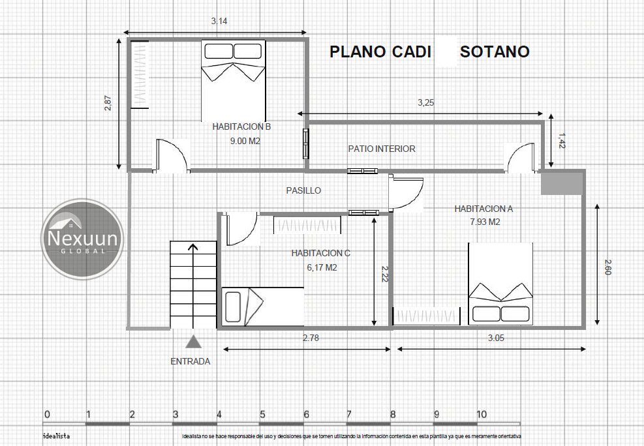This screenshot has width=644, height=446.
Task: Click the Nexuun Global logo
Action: pyautogui.click(x=83, y=239)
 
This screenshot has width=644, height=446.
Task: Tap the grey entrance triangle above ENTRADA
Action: pyautogui.click(x=193, y=342)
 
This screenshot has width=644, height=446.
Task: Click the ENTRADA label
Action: pyautogui.click(x=190, y=361)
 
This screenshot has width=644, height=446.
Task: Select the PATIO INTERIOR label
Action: pyautogui.click(x=382, y=149)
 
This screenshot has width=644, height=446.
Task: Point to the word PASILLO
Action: pyautogui.click(x=303, y=190)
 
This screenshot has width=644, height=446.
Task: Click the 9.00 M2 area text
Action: pyautogui.click(x=245, y=141)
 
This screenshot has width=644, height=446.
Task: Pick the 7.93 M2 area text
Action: pyautogui.click(x=485, y=222)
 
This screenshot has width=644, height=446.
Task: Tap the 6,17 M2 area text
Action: pyautogui.click(x=322, y=267)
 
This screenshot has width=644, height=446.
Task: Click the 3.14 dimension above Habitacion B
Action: pyautogui.click(x=219, y=21)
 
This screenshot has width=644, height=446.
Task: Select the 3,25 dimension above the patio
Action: pyautogui.click(x=425, y=102)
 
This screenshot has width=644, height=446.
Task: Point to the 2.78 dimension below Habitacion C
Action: pyautogui.click(x=311, y=338)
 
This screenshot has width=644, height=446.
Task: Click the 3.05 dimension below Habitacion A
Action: pyautogui.click(x=496, y=338)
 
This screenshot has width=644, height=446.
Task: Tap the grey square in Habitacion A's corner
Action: pyautogui.click(x=561, y=183)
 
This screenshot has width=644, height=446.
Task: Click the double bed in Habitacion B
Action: pyautogui.click(x=234, y=80)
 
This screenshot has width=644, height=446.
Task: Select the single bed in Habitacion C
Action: pyautogui.click(x=262, y=306)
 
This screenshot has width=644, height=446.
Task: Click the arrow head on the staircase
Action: pyautogui.click(x=193, y=246)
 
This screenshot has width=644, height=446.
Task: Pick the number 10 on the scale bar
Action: pyautogui.click(x=482, y=415)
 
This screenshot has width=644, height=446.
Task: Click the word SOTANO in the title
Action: pyautogui.click(x=495, y=52)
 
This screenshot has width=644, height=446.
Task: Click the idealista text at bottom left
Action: pyautogui.click(x=56, y=436)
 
